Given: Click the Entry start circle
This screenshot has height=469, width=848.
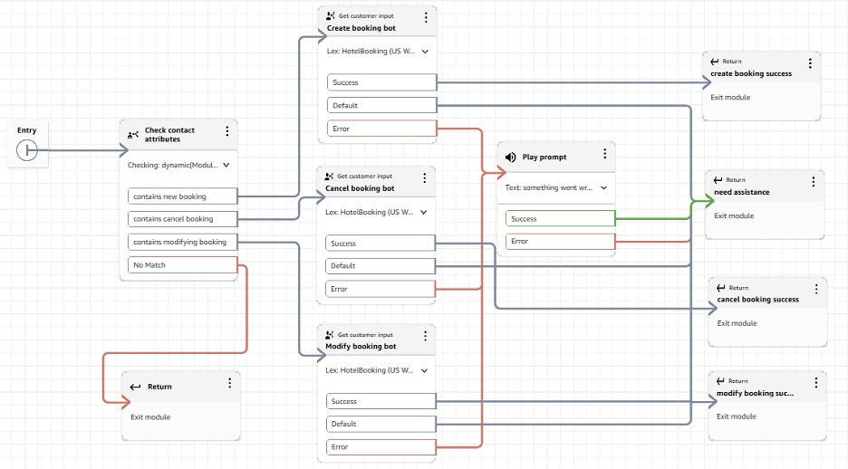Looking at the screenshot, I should pos(27,150).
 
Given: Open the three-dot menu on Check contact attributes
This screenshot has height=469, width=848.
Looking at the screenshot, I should pos(226,132).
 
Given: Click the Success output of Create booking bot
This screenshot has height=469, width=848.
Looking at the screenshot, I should pos(381,82).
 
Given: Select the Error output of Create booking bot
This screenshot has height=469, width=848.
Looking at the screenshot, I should pos(381,129).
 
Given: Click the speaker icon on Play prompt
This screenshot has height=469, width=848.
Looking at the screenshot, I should pos(511,157).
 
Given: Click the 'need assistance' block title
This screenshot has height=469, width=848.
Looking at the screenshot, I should pos(741,192).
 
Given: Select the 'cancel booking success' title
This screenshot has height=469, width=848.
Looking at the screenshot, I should pos(758,300).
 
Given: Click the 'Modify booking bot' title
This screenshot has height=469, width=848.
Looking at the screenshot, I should pos(361,347).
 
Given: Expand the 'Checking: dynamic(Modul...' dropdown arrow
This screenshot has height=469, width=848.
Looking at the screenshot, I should pos(226,166).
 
